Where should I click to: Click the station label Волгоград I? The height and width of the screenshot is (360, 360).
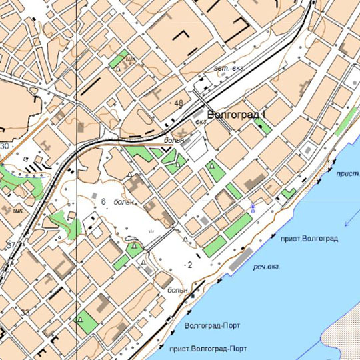(x=237, y=115)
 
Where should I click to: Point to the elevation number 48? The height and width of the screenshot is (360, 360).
(x=178, y=103)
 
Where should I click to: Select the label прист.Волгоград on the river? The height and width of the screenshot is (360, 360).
(x=309, y=239)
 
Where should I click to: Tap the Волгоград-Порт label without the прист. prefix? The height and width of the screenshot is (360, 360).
(x=211, y=325)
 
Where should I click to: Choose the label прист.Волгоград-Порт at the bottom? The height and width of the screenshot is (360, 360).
(x=208, y=349)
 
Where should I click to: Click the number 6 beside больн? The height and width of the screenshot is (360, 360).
(x=104, y=201)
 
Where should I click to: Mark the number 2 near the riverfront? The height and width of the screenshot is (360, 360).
(x=190, y=265)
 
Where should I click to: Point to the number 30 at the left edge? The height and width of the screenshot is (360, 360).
(x=5, y=146)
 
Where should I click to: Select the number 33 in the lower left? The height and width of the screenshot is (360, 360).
(x=25, y=312)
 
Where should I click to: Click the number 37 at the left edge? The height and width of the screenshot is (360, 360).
(x=10, y=245)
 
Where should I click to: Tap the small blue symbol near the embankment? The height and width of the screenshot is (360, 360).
(x=252, y=207)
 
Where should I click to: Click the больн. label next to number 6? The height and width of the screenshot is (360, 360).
(x=125, y=201)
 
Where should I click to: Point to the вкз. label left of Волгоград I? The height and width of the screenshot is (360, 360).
(x=200, y=123)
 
